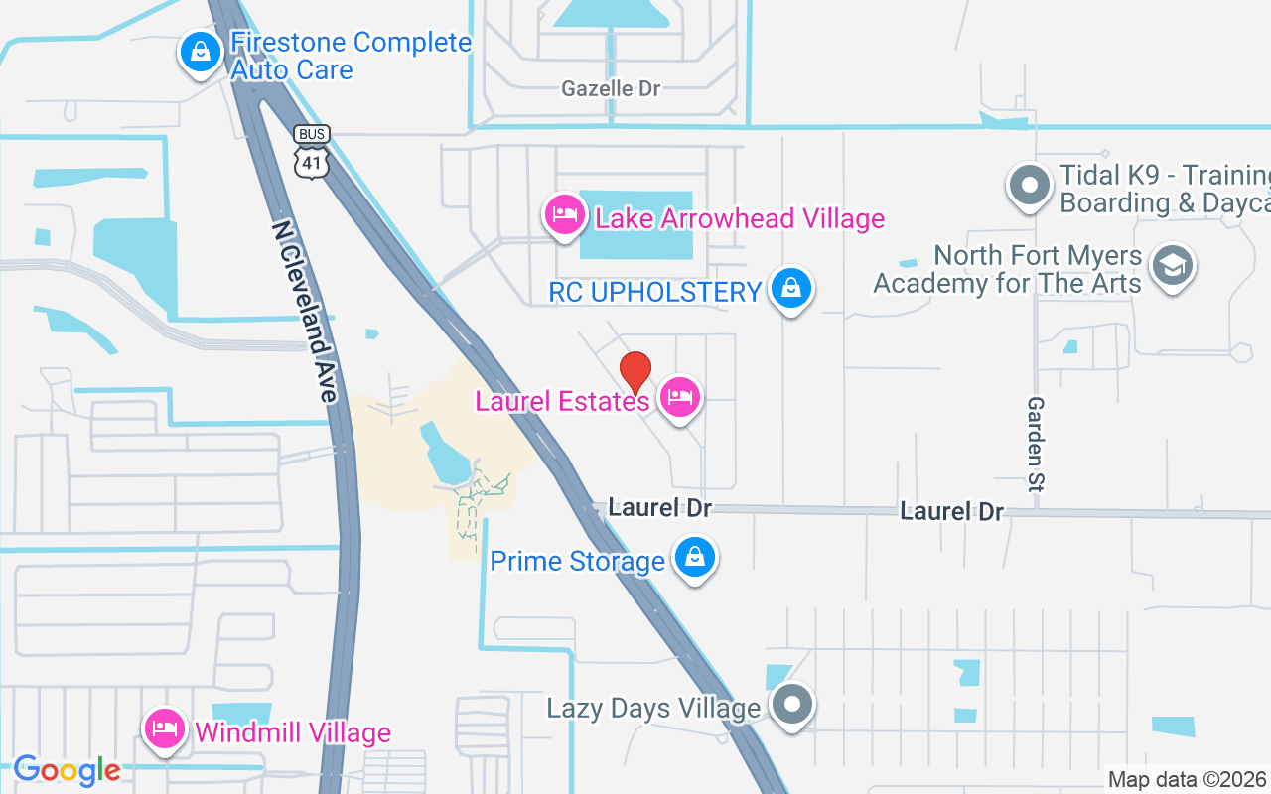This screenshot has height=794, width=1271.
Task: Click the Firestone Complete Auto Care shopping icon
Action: point(201,53)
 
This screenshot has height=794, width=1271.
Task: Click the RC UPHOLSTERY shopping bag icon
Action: point(790,289)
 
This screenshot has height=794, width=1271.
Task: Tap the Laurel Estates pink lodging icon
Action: point(679,398)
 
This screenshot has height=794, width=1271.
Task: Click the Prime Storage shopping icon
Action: point(695,558)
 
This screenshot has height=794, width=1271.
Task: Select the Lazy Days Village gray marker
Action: point(791,705)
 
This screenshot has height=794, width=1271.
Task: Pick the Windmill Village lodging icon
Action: point(166,729)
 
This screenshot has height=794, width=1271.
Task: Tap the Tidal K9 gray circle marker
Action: point(1030,186)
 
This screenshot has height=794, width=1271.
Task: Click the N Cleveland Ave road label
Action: point(304,311)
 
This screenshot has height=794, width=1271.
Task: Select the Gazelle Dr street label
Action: point(611,88)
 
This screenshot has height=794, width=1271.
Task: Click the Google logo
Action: point(67,769)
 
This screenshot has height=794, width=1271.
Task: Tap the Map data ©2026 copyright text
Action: point(1187,779)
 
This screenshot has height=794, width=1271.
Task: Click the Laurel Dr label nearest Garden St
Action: point(951,511)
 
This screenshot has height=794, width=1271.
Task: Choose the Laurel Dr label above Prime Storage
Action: point(659,507)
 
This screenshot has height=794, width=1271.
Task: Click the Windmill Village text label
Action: point(293,733)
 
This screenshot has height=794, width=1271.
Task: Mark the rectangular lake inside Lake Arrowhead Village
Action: point(635,225)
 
